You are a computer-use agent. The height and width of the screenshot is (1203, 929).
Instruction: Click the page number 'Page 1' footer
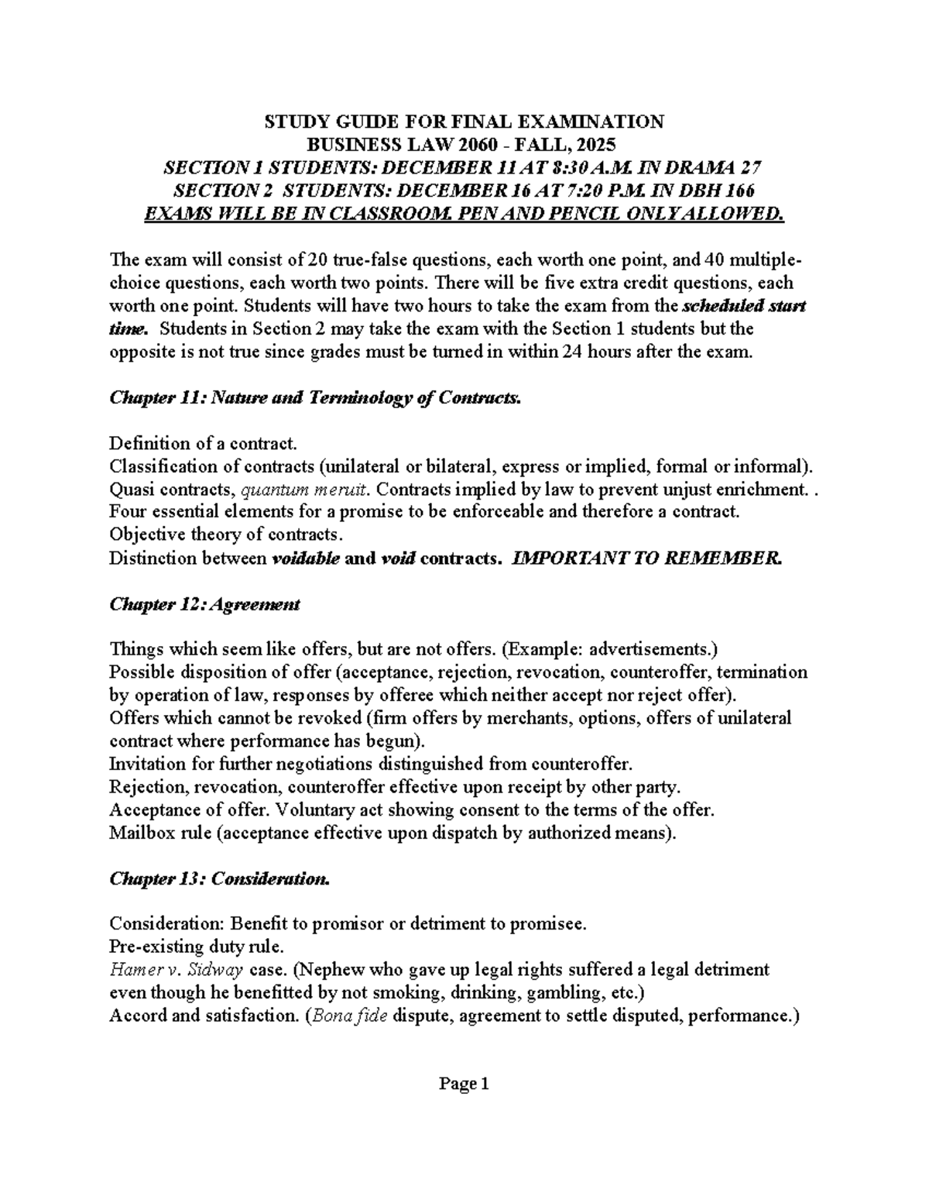tap(464, 1084)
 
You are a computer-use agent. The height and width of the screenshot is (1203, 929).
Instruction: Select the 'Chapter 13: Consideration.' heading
tap(220, 878)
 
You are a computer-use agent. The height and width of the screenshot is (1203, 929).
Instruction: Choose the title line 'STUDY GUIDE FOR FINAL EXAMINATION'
tap(464, 122)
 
